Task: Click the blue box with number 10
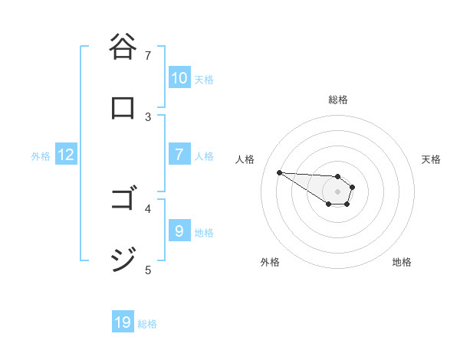179,78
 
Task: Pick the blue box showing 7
179,155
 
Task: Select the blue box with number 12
66,155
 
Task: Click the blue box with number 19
123,322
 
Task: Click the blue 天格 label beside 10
204,80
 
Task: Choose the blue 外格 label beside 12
41,156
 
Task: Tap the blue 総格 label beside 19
147,324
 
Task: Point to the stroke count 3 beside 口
148,116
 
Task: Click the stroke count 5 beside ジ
148,270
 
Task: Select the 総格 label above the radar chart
337,100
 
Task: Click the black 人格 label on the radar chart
245,159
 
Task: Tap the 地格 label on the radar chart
402,262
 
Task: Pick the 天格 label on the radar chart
431,159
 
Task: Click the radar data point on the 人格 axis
279,172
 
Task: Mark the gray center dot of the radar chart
337,191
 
